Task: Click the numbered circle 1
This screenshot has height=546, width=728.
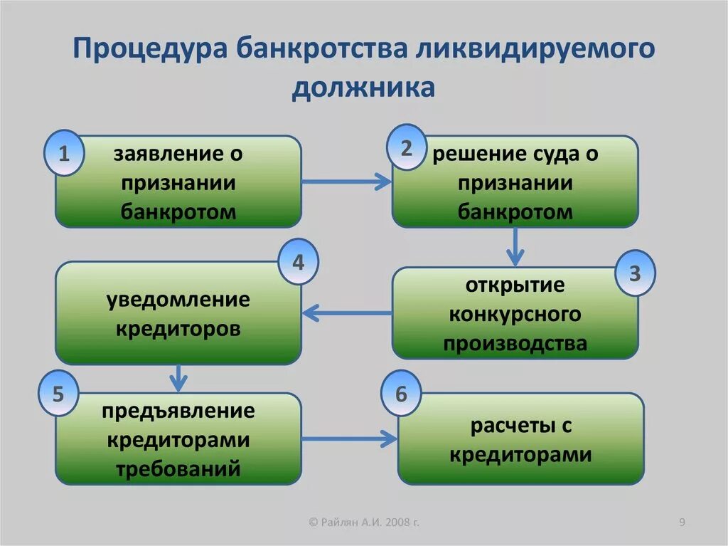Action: click(64, 153)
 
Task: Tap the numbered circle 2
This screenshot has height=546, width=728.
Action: click(406, 148)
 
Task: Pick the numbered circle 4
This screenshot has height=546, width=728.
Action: click(298, 262)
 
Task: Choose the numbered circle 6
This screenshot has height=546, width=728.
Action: click(401, 394)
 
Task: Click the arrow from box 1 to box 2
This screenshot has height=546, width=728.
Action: click(346, 182)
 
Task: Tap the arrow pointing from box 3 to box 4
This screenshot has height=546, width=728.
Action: click(346, 312)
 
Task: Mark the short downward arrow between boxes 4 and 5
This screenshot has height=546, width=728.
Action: click(179, 377)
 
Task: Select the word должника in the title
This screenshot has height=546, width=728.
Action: click(363, 88)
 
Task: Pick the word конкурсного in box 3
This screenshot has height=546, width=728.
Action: click(515, 314)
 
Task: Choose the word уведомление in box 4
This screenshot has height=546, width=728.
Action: click(178, 299)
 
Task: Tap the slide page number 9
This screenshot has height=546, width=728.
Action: click(682, 523)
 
